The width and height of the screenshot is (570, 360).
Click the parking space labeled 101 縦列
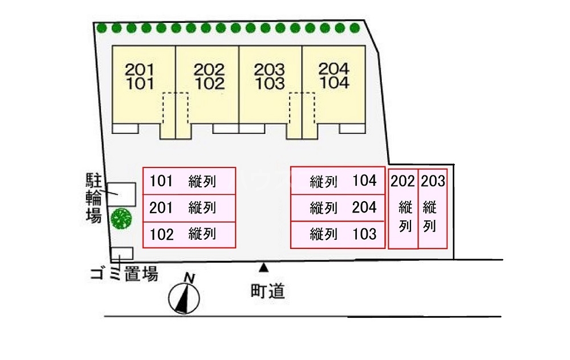pyautogui.click(x=189, y=181)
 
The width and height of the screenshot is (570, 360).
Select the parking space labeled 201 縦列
pyautogui.click(x=189, y=208)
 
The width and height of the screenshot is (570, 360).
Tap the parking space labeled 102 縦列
pyautogui.click(x=189, y=234)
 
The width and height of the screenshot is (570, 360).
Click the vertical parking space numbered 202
pyautogui.click(x=403, y=208)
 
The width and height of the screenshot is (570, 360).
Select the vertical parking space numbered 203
pyautogui.click(x=433, y=208)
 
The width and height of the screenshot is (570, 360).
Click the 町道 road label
pyautogui.click(x=267, y=292)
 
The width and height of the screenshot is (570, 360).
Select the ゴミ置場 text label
pyautogui.click(x=124, y=275)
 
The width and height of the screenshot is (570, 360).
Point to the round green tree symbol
pyautogui.click(x=121, y=219)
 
